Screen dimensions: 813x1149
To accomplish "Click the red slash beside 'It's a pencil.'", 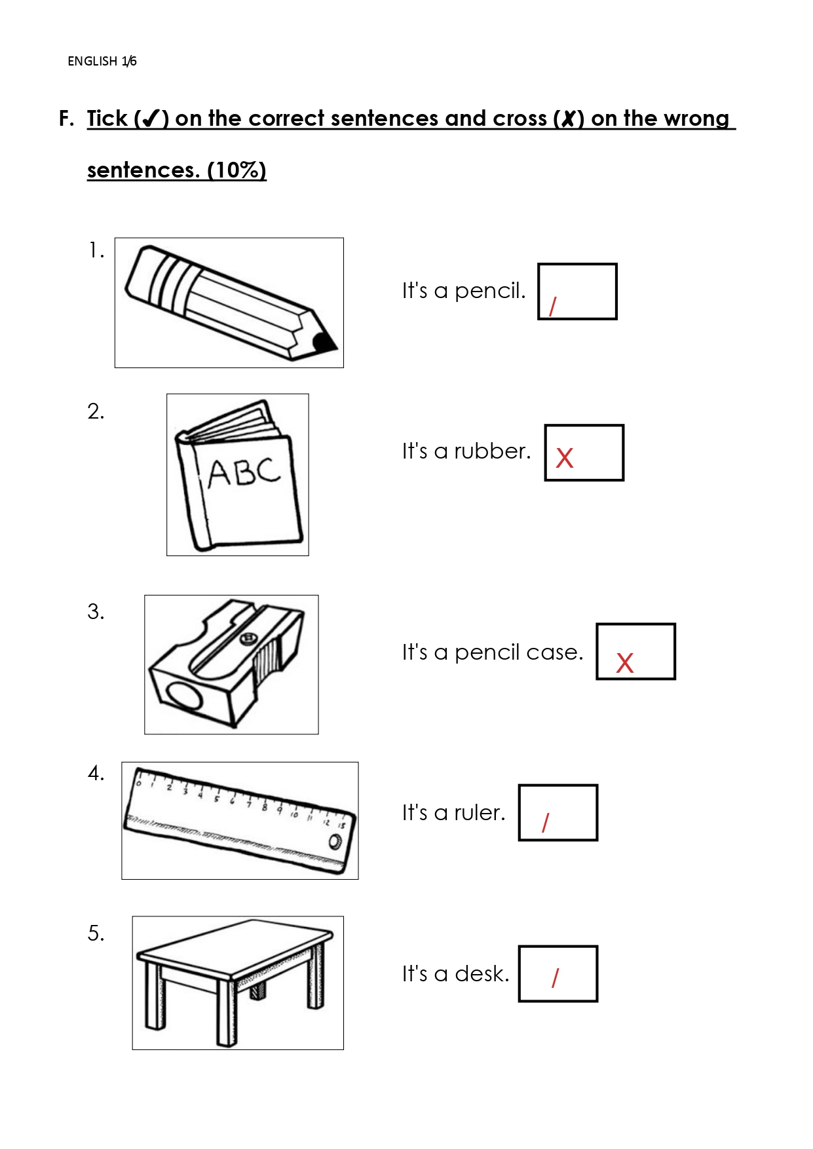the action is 552,306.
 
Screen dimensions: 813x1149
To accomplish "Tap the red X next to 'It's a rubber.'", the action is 564,458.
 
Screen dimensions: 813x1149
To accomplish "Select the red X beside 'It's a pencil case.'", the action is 624,663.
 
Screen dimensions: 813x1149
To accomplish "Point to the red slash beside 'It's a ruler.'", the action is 545,823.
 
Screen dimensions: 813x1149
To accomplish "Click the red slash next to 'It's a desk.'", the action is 555,977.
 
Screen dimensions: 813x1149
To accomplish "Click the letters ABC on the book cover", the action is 244,472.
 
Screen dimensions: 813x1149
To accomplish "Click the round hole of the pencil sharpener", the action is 184,696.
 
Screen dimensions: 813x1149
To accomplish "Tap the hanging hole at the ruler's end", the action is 335,842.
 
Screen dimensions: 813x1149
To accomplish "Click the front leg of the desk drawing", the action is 227,1013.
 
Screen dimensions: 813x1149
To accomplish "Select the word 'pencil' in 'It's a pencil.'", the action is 489,291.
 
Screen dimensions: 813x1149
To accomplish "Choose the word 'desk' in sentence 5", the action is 482,973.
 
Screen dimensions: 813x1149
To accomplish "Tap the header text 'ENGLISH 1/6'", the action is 102,61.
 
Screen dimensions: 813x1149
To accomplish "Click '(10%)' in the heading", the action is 236,170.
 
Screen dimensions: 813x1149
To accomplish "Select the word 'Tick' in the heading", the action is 107,118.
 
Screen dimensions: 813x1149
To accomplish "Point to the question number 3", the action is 96,611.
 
